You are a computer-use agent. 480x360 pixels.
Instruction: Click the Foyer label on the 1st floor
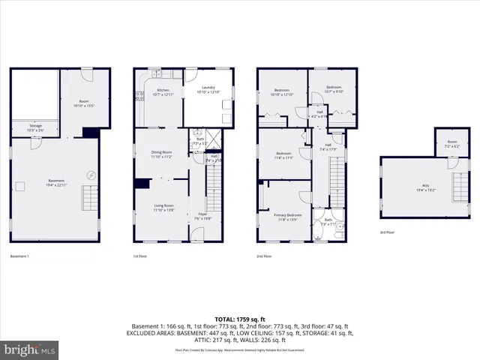click(202, 216)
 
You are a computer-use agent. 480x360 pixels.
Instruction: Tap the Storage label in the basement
click(35, 127)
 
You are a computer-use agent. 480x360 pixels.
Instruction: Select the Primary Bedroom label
click(282, 217)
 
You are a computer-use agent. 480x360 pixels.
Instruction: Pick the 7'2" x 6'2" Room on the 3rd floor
click(451, 143)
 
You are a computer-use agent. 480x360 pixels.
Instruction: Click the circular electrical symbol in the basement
click(91, 175)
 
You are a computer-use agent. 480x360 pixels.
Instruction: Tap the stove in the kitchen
click(138, 95)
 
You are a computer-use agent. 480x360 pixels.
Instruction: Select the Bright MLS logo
click(30, 349)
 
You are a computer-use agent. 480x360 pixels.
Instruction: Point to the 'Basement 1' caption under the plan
click(20, 256)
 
